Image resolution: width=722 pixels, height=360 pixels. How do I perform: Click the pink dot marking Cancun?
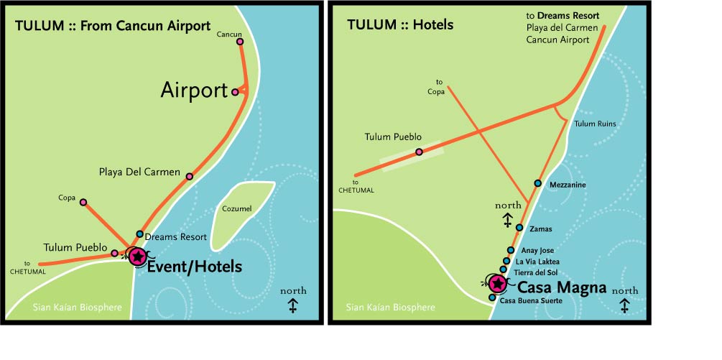tap(240, 42)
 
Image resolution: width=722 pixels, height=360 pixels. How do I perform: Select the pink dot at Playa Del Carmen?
tap(190, 176)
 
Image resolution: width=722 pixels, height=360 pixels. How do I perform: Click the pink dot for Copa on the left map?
tap(83, 203)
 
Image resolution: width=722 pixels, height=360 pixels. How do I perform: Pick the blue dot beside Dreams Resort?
tap(140, 234)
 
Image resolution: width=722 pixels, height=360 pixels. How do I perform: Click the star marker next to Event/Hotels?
tap(137, 256)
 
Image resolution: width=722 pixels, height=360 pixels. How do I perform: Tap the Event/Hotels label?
tap(195, 267)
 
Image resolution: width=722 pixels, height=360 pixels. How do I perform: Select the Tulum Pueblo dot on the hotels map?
tap(419, 152)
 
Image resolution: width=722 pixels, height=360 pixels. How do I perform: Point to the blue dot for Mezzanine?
tap(538, 183)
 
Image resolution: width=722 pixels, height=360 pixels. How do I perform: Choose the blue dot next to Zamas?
tap(519, 228)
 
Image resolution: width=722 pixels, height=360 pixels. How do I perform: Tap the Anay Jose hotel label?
tap(538, 250)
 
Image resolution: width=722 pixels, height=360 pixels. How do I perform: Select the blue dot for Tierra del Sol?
tap(503, 270)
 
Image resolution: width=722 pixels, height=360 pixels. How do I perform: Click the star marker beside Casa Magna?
tap(496, 285)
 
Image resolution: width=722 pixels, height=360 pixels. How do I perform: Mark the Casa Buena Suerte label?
tap(531, 300)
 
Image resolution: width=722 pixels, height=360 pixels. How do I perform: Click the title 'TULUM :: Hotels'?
tap(400, 25)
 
